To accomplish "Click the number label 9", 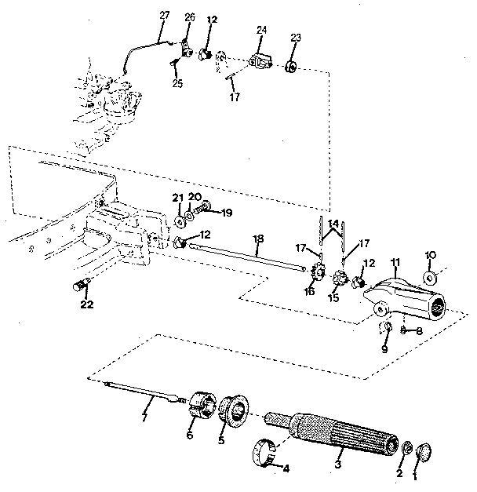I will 384,348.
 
